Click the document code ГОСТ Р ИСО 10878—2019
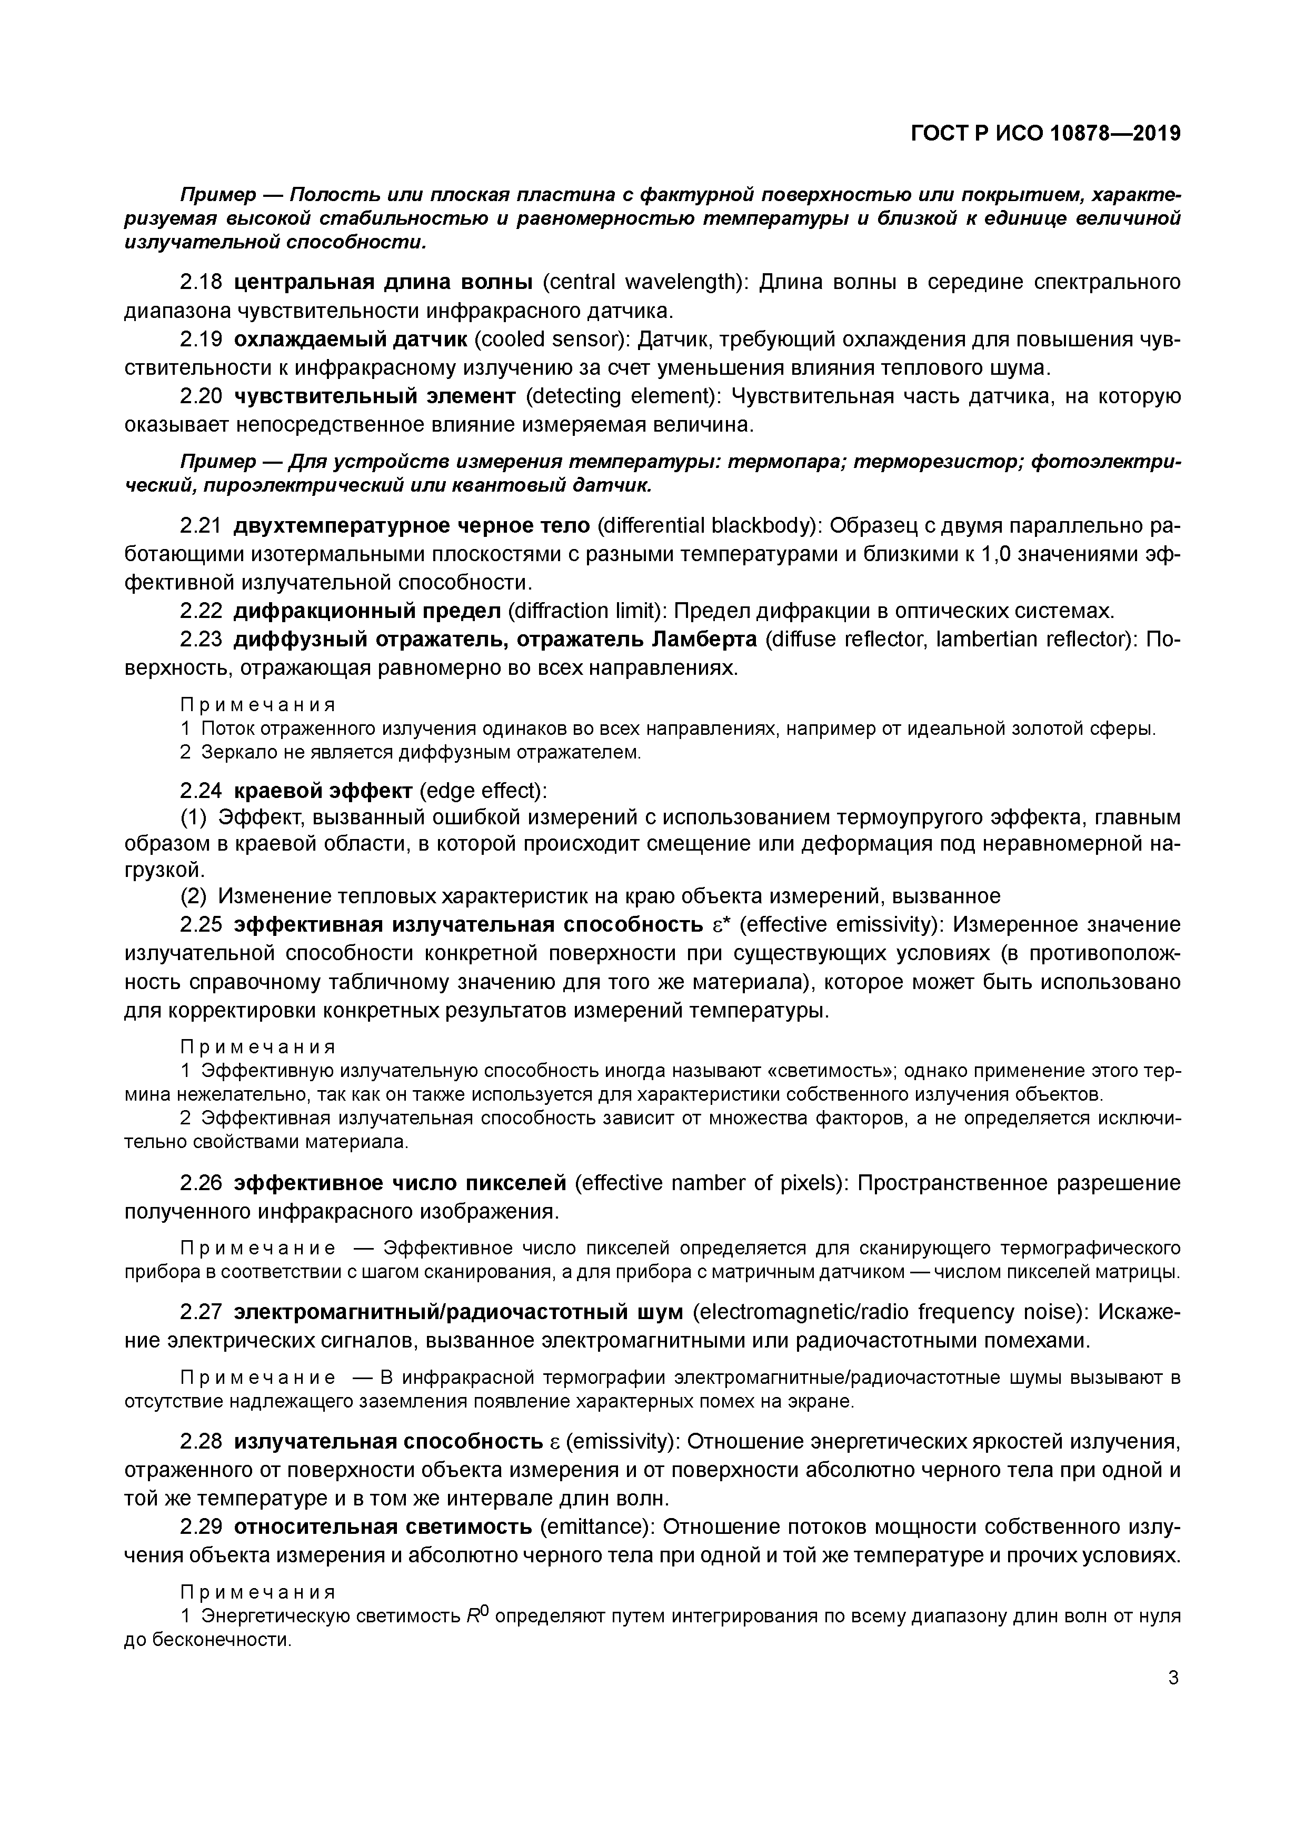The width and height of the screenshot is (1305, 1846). pos(1045,134)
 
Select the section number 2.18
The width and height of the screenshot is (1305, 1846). pos(200,282)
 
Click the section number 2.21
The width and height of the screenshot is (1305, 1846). pos(200,526)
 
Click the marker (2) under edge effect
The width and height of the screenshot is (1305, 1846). pos(193,896)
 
